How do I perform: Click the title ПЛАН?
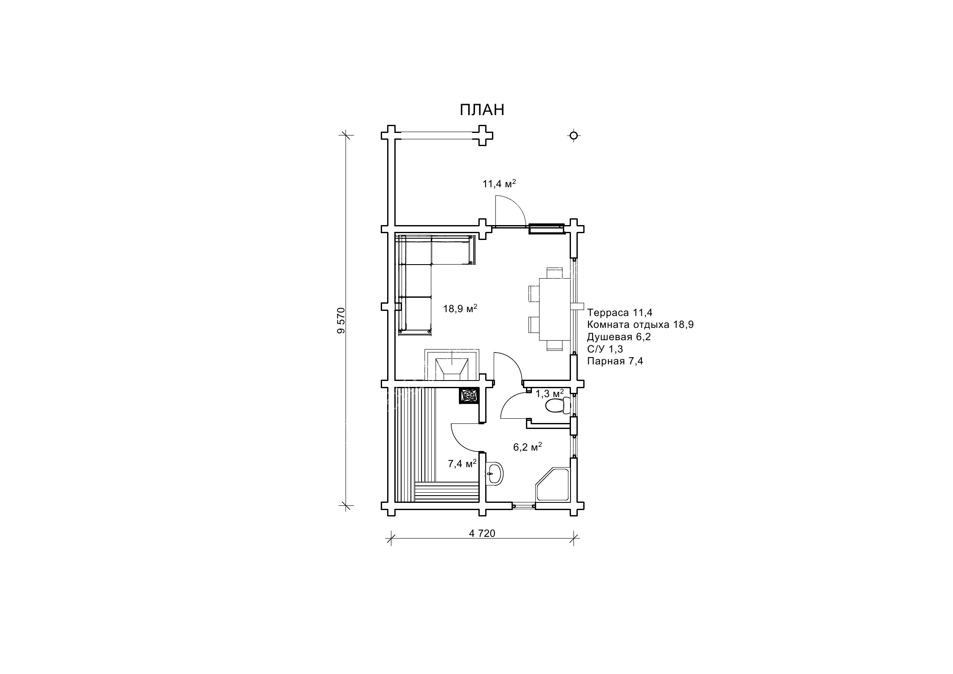[x=482, y=110]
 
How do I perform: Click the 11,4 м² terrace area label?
[x=499, y=183]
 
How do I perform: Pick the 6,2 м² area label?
[x=528, y=447]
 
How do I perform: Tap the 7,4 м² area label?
[x=462, y=463]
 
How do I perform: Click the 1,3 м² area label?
[x=550, y=393]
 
